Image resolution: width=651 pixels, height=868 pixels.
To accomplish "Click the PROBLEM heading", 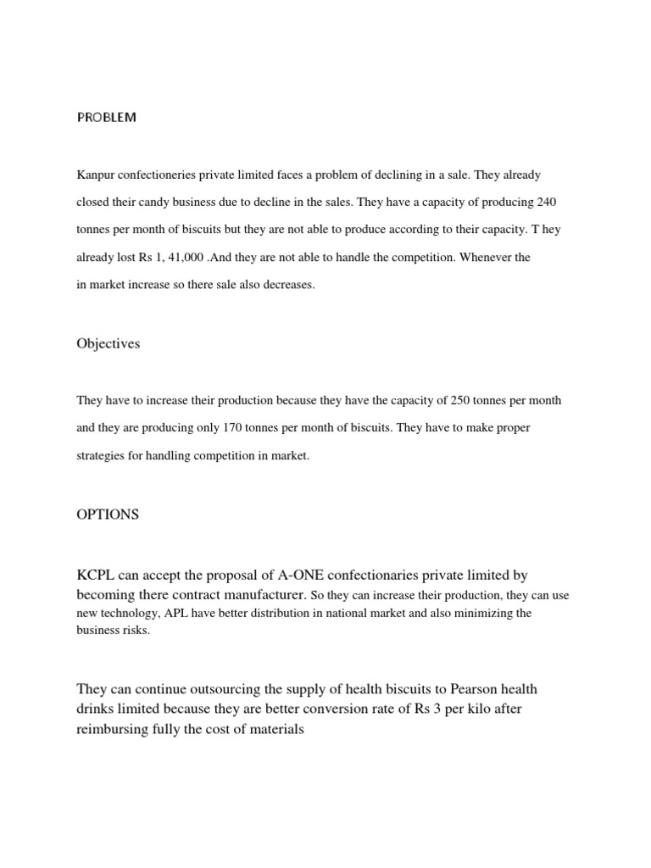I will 106,118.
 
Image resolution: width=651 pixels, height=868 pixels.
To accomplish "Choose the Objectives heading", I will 108,344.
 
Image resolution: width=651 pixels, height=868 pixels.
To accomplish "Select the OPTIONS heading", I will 108,515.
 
